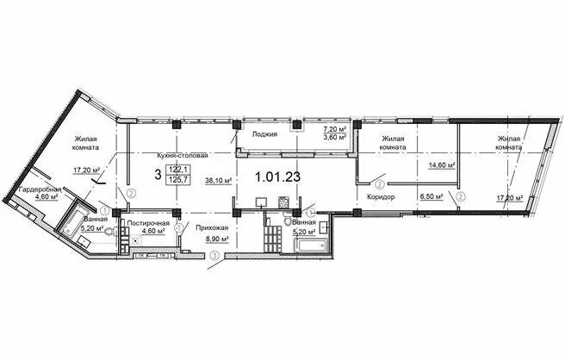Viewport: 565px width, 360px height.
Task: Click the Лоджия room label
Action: [264, 134]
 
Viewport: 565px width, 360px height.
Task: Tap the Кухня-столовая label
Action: [183, 156]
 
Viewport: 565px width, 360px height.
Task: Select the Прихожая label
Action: [212, 227]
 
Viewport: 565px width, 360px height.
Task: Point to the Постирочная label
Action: [148, 223]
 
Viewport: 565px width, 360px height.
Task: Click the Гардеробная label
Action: [40, 189]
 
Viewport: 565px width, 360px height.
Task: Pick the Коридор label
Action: [381, 197]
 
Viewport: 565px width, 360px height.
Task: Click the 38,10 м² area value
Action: [219, 181]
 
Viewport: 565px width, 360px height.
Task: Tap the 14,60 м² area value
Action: [442, 165]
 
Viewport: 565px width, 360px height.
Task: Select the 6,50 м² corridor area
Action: [432, 196]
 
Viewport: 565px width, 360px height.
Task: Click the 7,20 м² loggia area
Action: [335, 129]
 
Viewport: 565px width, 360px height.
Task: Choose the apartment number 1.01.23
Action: [277, 177]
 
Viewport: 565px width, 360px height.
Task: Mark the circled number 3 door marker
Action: [215, 256]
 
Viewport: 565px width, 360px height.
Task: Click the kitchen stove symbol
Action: [282, 202]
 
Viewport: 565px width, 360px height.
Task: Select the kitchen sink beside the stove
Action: [260, 202]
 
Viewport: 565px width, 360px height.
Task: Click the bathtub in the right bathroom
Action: [311, 245]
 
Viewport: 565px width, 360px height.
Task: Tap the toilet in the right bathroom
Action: [287, 220]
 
